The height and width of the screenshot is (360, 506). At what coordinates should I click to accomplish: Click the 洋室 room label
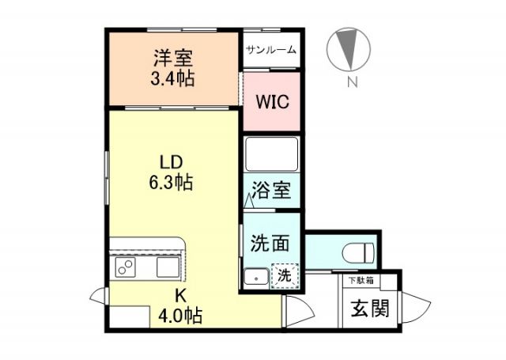173,59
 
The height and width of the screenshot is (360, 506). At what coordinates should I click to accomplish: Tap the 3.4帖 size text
173,78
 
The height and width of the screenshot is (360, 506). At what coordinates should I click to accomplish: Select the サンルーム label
271,50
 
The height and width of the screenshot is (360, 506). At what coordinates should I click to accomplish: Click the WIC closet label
271,102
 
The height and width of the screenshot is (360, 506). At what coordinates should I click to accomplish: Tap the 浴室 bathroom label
271,191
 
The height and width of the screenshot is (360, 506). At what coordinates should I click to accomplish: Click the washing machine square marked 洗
284,276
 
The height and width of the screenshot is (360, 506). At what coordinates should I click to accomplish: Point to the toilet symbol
358,252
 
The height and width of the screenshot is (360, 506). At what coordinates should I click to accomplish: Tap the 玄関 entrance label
369,307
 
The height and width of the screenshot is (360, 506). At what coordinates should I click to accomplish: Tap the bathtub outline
271,153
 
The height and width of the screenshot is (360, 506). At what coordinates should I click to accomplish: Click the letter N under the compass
349,79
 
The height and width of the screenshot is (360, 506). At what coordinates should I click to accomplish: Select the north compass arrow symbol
348,47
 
